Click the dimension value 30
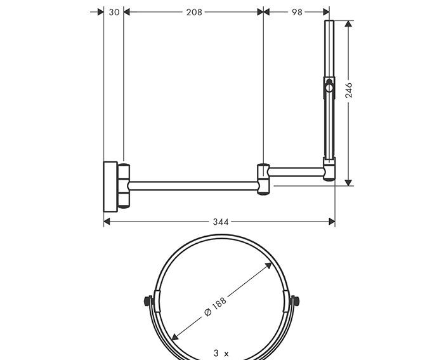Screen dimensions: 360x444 tap(114, 11)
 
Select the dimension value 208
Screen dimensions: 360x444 tap(193, 11)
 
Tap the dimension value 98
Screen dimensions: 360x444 tap(297, 11)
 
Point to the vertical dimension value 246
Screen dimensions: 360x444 tap(349, 90)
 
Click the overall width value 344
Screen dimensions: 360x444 tap(220, 222)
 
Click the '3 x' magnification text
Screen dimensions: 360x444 tap(221, 352)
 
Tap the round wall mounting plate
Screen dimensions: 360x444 tap(110, 185)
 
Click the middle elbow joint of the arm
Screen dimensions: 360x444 tap(263, 179)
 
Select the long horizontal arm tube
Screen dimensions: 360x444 tap(193, 185)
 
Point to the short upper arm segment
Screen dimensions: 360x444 tap(296, 171)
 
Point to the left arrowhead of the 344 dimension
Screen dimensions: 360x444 tap(107, 222)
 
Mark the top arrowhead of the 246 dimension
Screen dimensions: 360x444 tap(348, 23)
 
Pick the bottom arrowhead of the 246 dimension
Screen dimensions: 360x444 tap(348, 183)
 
